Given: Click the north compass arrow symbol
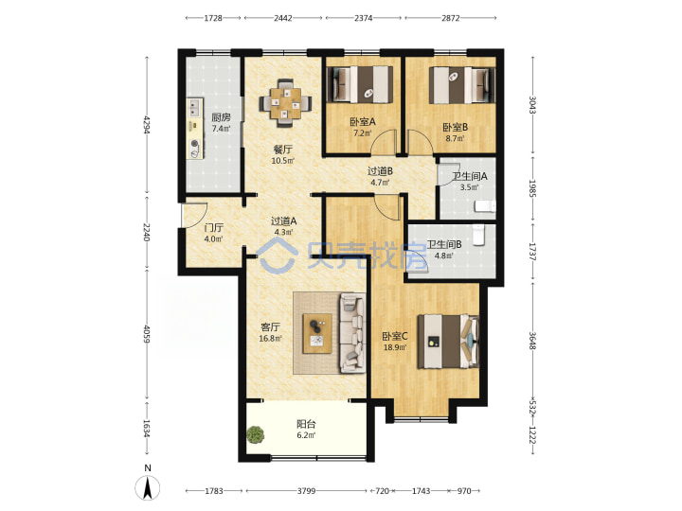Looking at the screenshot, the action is click(148, 487).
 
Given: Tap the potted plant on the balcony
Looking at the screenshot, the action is click(256, 434).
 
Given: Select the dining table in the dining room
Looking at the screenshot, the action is click(285, 103).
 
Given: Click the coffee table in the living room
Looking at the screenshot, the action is click(317, 333).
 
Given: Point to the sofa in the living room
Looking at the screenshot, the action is click(352, 333).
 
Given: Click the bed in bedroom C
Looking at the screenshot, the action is click(448, 342).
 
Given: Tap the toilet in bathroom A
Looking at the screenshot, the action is click(485, 206).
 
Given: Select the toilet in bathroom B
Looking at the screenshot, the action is click(478, 235).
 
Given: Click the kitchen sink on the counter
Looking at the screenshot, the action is click(194, 107).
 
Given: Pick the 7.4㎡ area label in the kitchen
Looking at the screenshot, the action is click(221, 129).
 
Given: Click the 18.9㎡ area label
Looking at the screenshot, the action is click(395, 347).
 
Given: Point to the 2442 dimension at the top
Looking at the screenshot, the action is click(283, 18).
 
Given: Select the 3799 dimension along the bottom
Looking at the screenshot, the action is click(306, 491).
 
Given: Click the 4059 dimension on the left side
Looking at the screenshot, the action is click(147, 334).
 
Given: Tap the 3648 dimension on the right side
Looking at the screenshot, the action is click(532, 341).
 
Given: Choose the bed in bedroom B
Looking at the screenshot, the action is click(462, 85).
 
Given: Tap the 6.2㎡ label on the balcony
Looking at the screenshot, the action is click(306, 435).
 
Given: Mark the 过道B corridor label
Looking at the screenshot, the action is click(380, 171).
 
